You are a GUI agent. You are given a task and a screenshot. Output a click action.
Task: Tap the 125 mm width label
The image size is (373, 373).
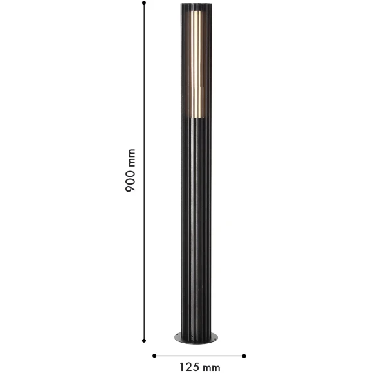tap(199, 367)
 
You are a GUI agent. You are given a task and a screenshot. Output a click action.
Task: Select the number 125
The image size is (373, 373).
tap(188, 367)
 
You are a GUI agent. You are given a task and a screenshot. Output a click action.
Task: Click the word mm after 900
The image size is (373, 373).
tap(131, 158)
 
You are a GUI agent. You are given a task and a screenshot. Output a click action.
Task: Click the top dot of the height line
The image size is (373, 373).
tap(145, 5)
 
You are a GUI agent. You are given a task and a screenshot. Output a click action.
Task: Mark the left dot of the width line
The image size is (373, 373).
tap(154, 354)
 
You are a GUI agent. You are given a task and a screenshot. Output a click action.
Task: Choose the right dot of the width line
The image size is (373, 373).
tap(245, 354)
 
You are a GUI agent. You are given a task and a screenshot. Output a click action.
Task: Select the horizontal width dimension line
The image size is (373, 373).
tap(199, 354)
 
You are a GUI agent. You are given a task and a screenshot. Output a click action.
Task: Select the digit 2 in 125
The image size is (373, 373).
tap(188, 367)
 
